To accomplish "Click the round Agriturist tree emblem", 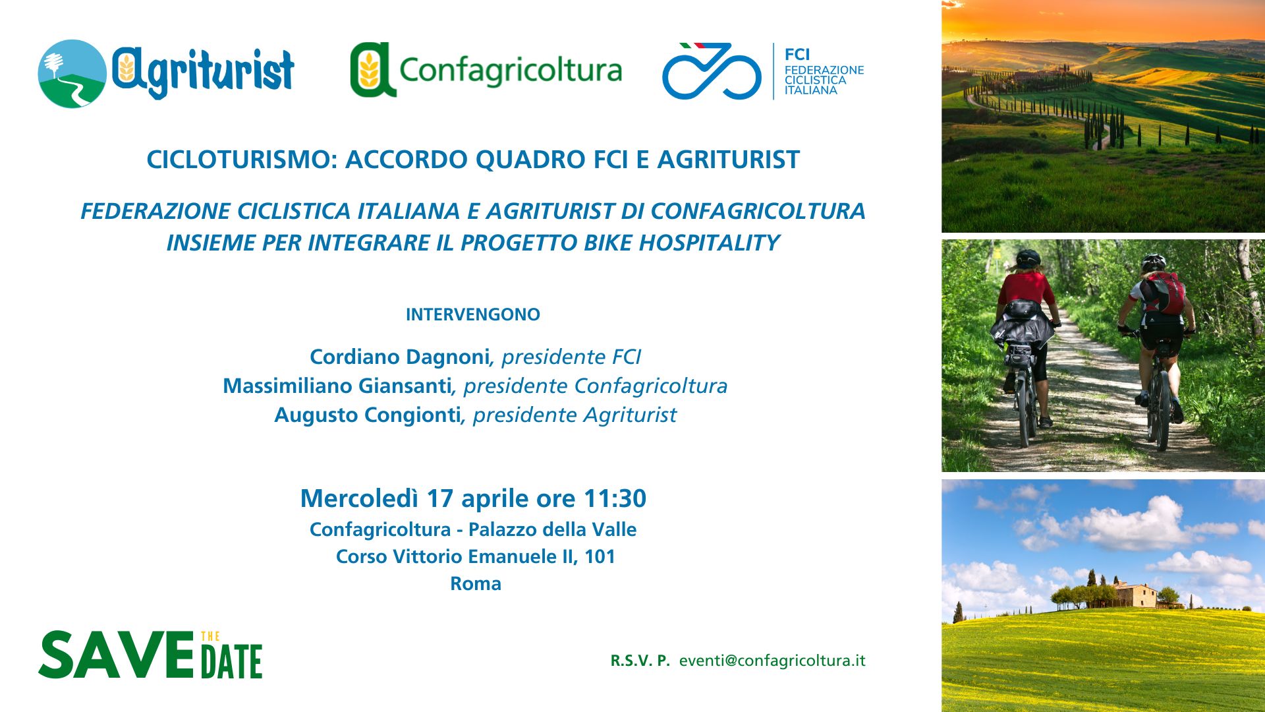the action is point(72,74).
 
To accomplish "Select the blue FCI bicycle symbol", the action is point(712,71).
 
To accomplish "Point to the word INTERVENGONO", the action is point(473,314).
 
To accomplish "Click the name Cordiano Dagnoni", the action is point(399,357).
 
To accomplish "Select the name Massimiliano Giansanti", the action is point(337,386).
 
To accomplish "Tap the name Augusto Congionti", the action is point(368,415).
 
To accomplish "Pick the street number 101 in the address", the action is point(600,556).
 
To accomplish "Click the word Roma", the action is point(476,583).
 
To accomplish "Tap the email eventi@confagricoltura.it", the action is point(772,661).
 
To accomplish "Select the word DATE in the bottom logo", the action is point(231,662).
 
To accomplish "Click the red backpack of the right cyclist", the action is point(1164,293).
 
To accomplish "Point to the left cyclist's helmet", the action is point(1028,258).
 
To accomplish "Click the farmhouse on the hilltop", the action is point(1135,595).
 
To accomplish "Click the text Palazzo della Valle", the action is point(552,529).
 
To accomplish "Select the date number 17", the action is point(440,498).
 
